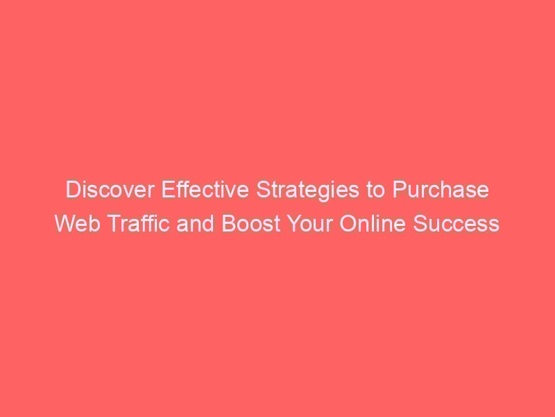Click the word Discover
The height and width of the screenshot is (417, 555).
coord(110,189)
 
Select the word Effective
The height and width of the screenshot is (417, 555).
coord(205,189)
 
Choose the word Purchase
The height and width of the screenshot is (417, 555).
coord(441,189)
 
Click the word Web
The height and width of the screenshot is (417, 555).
coord(78,223)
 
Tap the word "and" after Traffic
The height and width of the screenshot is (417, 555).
coord(195,223)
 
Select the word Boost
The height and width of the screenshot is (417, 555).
coord(251,223)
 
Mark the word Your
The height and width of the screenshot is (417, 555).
coord(309,223)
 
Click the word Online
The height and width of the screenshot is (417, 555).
coord(373,223)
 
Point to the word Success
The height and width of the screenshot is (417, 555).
coord(456,223)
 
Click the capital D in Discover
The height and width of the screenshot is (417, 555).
coord(73,189)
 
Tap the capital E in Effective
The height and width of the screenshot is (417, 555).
coord(168,189)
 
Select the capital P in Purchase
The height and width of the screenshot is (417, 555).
coord(400,189)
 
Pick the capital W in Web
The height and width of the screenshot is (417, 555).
coord(66,223)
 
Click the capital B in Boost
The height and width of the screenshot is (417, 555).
coord(228,223)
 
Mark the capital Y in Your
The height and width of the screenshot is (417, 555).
coord(294,223)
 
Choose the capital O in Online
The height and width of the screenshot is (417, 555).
coord(348,223)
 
